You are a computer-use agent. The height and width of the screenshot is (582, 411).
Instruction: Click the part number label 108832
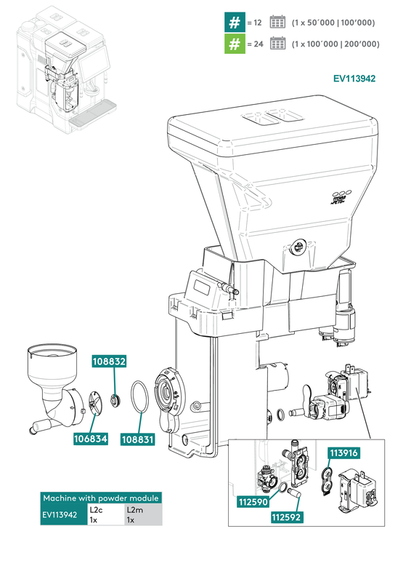(109, 361)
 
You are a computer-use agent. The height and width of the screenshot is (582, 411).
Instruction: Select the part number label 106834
(90, 439)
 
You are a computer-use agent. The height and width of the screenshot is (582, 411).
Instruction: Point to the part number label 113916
(345, 453)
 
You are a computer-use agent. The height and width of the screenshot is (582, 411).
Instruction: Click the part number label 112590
(254, 501)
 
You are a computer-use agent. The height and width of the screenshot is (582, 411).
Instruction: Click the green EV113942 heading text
(354, 79)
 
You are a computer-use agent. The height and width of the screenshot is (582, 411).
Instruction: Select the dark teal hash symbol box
(234, 23)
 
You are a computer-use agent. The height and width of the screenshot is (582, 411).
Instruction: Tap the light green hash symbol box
(234, 44)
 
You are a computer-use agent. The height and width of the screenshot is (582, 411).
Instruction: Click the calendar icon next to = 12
(277, 23)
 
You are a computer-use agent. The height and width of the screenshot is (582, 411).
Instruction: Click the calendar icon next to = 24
(277, 44)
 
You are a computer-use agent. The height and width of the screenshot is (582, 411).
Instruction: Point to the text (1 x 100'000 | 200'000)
(335, 44)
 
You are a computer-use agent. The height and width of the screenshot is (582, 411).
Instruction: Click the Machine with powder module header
(101, 498)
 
